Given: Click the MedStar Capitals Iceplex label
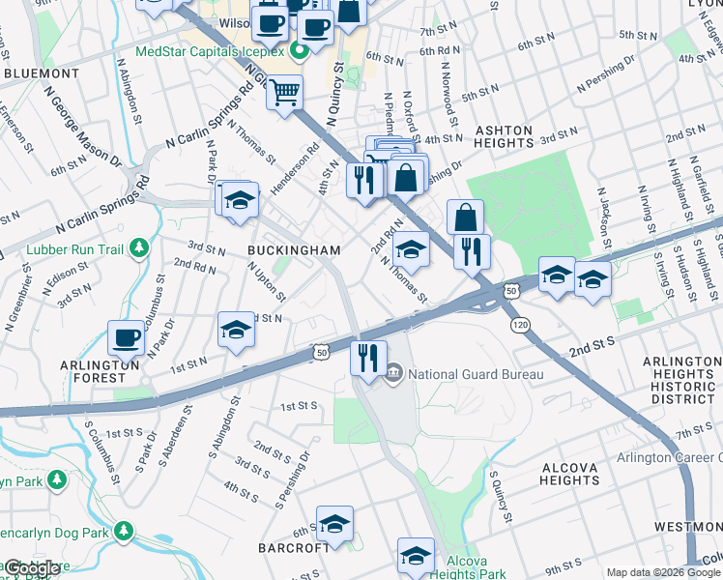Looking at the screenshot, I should tap(212, 51).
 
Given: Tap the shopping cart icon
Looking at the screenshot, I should tap(284, 93).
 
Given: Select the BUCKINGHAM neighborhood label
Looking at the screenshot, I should tap(294, 250).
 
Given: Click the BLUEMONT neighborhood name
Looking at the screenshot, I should tap(41, 72).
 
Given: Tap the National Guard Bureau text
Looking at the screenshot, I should tap(476, 374).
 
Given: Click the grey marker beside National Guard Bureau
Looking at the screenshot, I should tap(394, 373).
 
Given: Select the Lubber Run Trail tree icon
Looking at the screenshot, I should tap(141, 247).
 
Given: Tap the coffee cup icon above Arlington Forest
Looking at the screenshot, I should tap(126, 337).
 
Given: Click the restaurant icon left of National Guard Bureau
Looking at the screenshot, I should tap(368, 357).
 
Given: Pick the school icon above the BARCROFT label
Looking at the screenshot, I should tap(335, 523).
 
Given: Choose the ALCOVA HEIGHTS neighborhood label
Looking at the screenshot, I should tap(571, 474).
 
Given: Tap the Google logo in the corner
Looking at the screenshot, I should tap(32, 568).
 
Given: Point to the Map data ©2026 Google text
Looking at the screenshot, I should tap(663, 572).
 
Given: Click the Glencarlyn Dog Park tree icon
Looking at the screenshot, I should tap(123, 531).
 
